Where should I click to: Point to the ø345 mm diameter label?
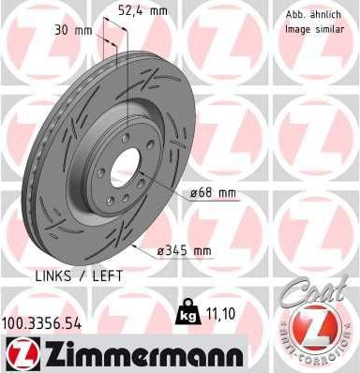(186, 251)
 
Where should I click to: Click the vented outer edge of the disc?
(37, 169)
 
